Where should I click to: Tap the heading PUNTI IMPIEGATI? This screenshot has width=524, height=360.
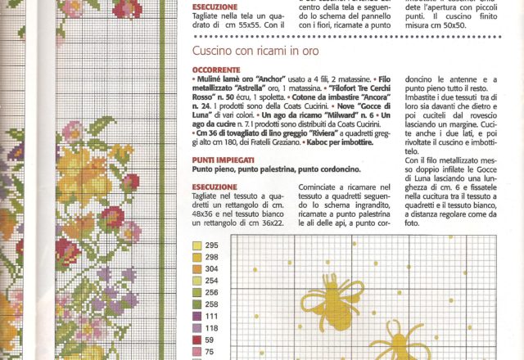point(224,160)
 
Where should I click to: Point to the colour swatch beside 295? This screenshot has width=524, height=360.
point(197,245)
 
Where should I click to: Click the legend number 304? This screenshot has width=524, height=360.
point(211,268)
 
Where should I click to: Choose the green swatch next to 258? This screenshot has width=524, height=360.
point(197,304)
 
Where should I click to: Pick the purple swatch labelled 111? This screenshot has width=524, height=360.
point(197,315)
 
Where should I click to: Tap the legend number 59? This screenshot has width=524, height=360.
point(209,339)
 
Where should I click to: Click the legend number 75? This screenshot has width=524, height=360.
point(209,350)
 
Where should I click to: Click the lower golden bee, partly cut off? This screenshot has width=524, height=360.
point(396,342)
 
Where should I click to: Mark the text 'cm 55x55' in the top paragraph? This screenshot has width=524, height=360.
point(255,26)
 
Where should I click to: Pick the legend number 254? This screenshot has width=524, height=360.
point(211,280)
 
